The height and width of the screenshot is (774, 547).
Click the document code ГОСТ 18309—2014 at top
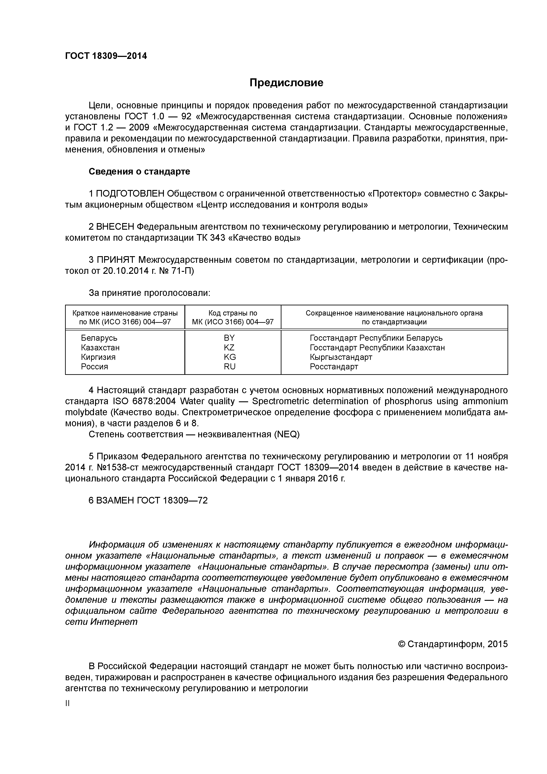pos(106,56)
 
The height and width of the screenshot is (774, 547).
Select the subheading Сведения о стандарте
pos(139,172)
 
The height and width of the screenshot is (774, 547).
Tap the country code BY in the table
pos(229,338)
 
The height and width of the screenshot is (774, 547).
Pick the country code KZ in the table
pos(229,347)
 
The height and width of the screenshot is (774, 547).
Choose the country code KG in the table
pos(230,357)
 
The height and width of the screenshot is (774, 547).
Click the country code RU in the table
pos(230,366)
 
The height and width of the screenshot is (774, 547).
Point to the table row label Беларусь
pos(99,338)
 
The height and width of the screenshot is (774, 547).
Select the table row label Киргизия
pos(98,357)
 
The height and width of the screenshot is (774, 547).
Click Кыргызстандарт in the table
pos(341,357)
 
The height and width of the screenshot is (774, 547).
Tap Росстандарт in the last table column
pos(334,366)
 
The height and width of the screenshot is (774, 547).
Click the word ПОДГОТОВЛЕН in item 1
pos(130,194)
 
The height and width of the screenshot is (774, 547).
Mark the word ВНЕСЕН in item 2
pos(116,227)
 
